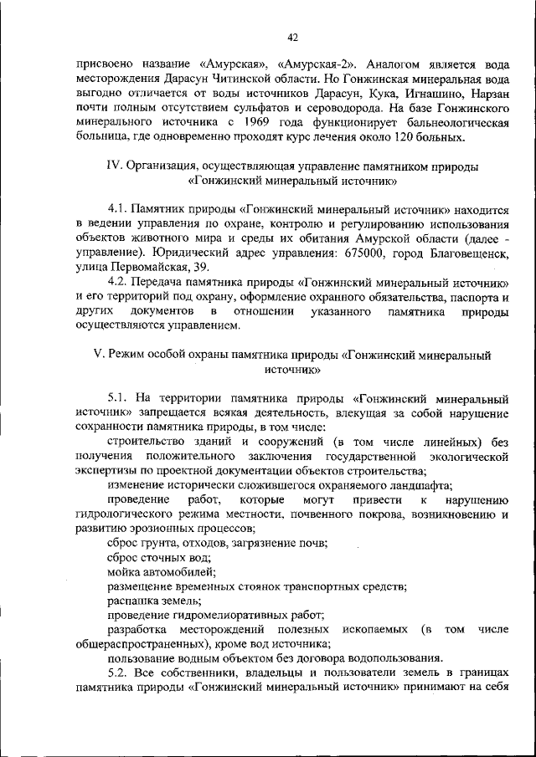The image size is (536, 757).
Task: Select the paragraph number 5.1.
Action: coord(119,397)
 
